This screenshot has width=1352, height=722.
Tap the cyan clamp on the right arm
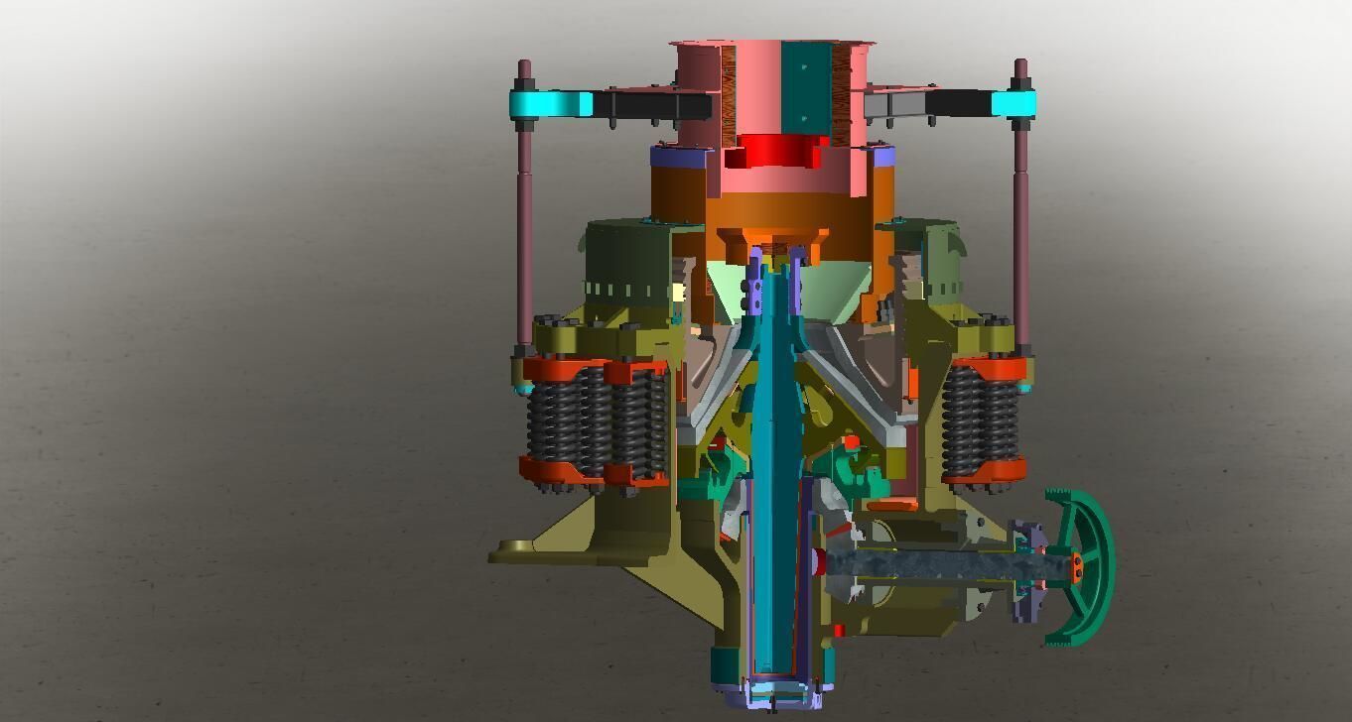(x=1013, y=103)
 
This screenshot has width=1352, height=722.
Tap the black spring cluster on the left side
(x=596, y=421)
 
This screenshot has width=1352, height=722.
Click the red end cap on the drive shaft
(x=819, y=561)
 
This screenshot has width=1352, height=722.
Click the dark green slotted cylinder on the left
(x=625, y=263)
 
